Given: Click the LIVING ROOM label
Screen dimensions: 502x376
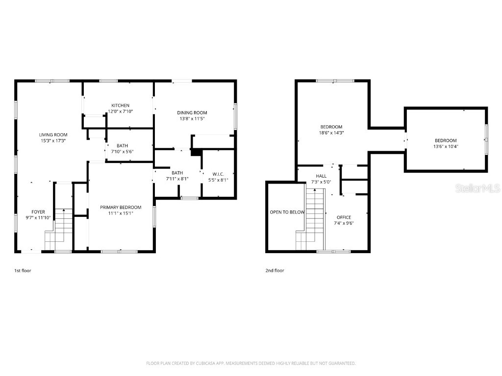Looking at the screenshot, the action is [x=53, y=135].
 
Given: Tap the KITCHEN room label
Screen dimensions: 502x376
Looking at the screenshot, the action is [x=121, y=106].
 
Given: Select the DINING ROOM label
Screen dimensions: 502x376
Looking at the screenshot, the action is [x=192, y=113].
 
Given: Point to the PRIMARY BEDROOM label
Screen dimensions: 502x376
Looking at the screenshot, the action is [x=121, y=207].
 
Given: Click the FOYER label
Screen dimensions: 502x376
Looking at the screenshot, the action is [x=38, y=211].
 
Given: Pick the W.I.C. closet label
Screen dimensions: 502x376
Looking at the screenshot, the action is [x=218, y=174].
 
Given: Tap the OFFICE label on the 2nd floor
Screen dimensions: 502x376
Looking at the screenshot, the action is [x=344, y=217].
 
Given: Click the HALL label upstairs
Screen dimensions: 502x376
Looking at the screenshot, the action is [x=321, y=176].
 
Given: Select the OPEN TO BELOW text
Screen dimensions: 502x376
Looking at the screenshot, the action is [x=287, y=212].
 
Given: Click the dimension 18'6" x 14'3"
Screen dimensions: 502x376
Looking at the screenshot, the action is [x=331, y=133].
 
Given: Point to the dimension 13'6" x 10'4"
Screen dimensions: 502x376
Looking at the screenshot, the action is [x=446, y=146].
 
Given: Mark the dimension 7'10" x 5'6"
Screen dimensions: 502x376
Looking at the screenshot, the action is [x=122, y=152].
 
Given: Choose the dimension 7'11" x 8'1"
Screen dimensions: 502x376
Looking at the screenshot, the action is [x=177, y=179].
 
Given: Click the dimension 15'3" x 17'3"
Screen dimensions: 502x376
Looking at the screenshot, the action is [x=53, y=141].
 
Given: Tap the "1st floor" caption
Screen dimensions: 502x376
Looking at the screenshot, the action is [x=23, y=270].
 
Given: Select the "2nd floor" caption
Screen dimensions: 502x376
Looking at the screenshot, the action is [x=275, y=270].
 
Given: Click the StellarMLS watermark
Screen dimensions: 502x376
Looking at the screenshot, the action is [x=477, y=188].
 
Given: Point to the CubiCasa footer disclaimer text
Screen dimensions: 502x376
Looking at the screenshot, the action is [x=251, y=363].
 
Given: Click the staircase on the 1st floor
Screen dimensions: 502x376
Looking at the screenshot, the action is [x=59, y=229].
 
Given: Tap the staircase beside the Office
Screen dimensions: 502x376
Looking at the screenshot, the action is [x=310, y=219].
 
